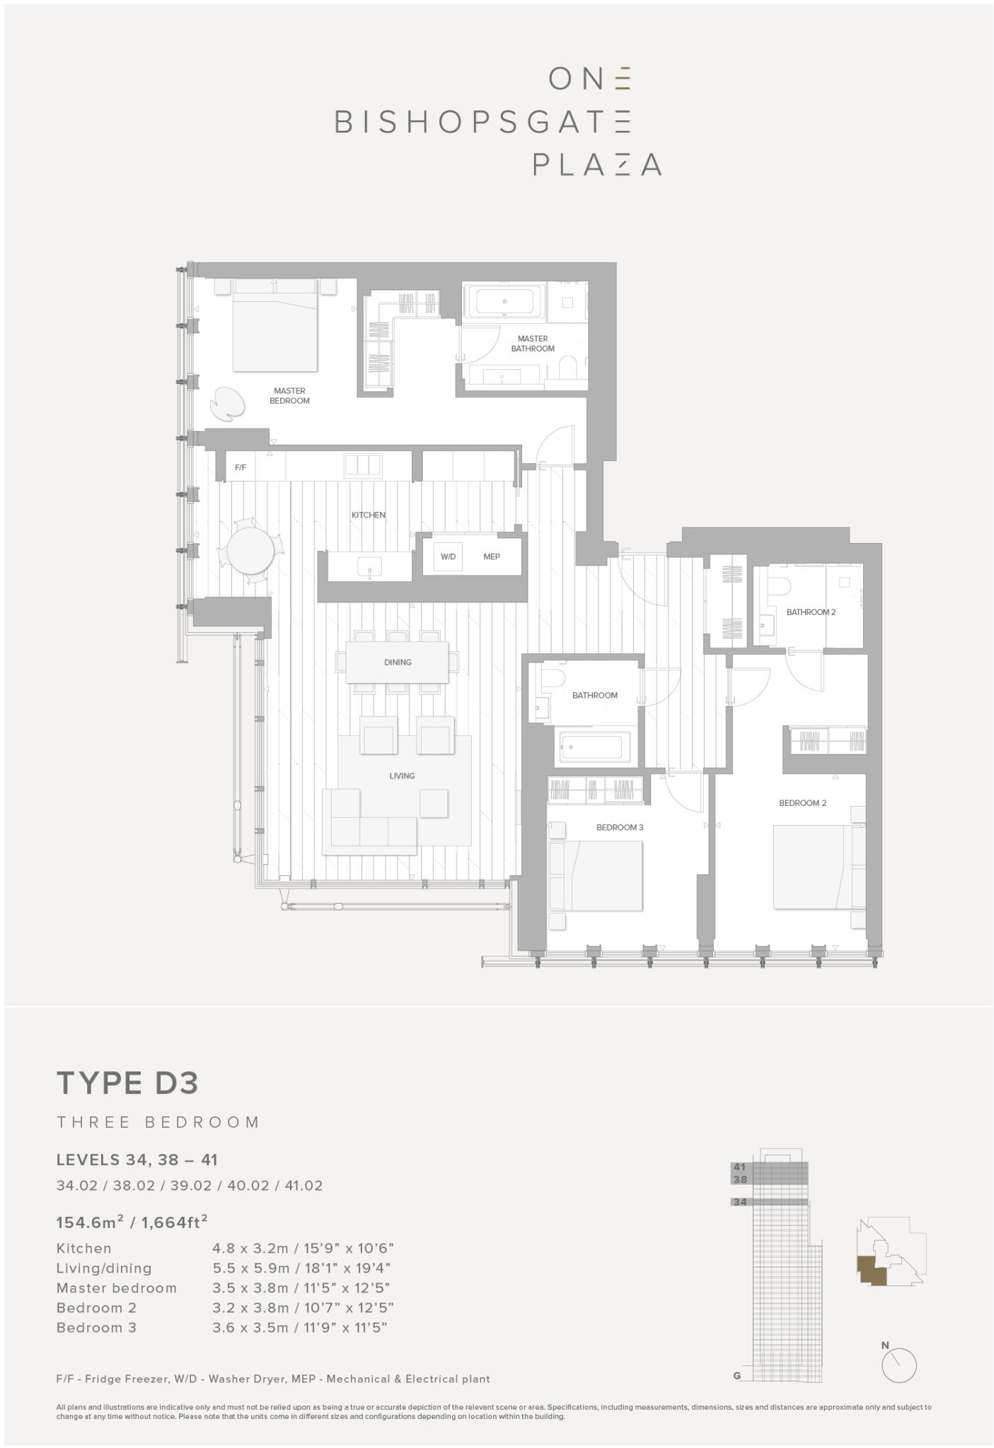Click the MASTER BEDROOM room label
click(289, 396)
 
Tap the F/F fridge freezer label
click(241, 467)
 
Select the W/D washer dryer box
click(449, 556)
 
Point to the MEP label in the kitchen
click(492, 556)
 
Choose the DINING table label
click(398, 662)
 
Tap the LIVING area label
click(402, 776)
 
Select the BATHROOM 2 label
click(811, 612)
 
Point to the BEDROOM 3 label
click(620, 827)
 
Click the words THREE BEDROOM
click(158, 1122)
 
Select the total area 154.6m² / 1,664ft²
click(132, 1222)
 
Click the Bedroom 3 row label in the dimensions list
click(96, 1328)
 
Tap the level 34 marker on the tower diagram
click(740, 1202)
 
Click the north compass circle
click(899, 1365)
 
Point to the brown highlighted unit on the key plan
click(871, 1270)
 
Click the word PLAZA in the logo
click(596, 164)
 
